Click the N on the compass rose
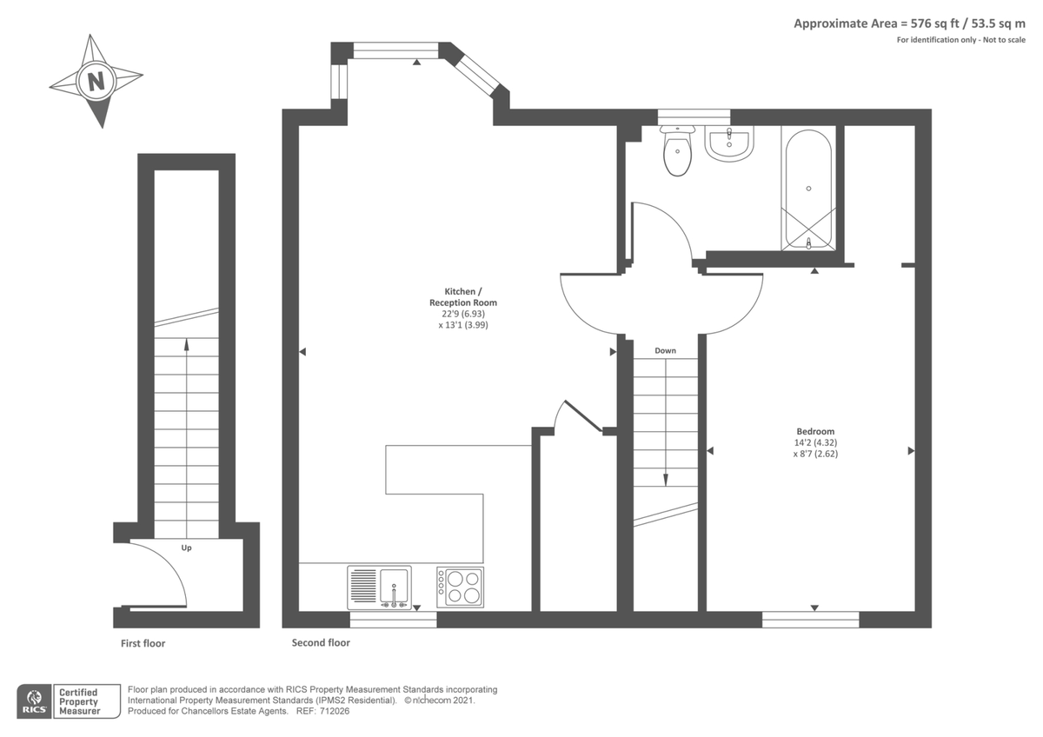(96, 82)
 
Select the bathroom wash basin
(728, 143)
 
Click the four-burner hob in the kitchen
(461, 587)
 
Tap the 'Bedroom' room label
(815, 432)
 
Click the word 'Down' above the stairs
(665, 351)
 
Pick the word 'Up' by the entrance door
(186, 548)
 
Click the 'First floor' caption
(143, 644)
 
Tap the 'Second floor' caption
(322, 643)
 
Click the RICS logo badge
(36, 701)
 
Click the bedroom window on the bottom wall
(810, 619)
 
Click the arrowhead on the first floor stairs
(186, 344)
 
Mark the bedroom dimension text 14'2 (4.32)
(815, 442)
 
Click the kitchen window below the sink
(393, 619)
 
